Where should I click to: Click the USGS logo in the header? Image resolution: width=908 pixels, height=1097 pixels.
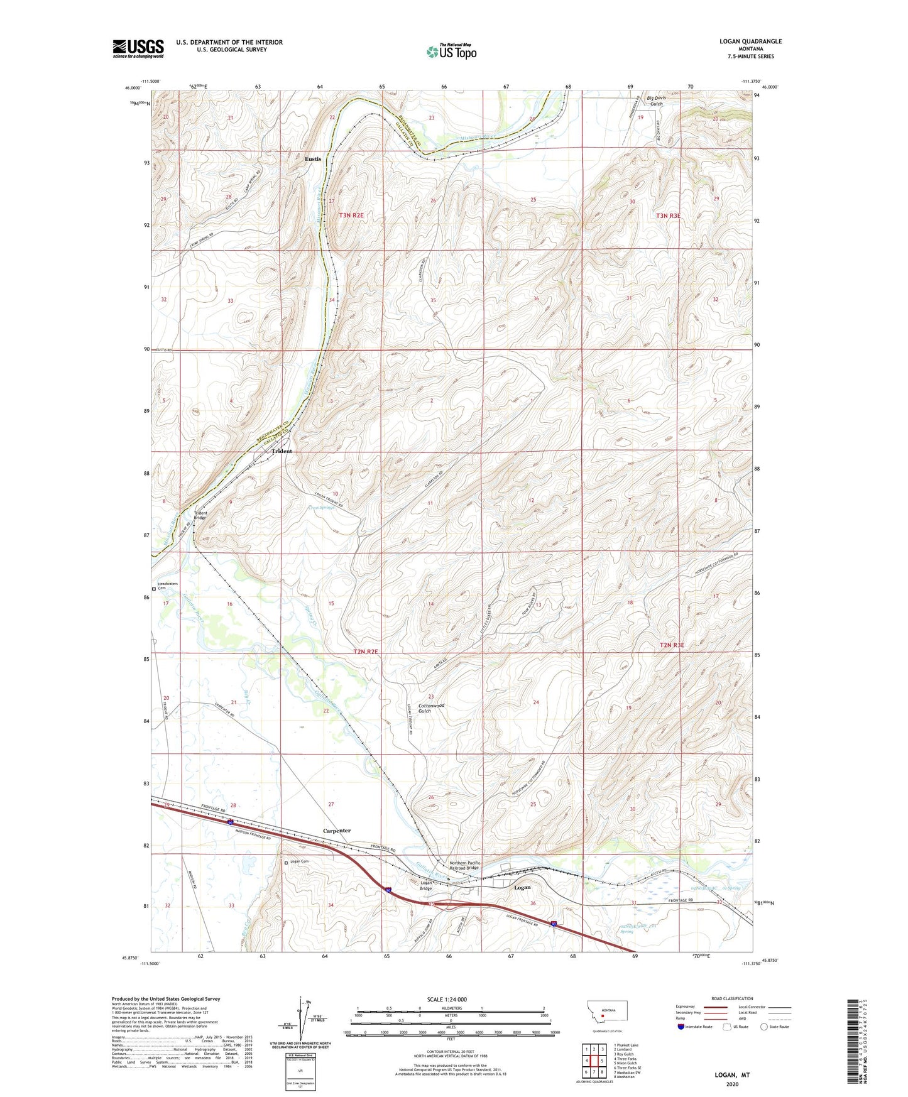tap(138, 48)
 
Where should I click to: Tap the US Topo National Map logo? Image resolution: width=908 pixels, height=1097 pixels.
tap(451, 52)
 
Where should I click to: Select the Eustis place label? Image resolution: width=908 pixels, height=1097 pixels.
tap(313, 159)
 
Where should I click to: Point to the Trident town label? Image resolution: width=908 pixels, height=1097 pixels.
tap(282, 451)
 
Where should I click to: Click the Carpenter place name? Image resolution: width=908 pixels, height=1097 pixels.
tap(337, 831)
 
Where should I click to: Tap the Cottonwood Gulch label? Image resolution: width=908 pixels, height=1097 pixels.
tap(431, 708)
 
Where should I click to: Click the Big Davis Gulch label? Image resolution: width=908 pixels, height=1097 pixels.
tap(656, 101)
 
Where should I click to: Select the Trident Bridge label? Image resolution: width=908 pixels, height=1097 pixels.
tap(200, 515)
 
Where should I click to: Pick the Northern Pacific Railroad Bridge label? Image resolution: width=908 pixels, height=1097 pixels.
tap(464, 866)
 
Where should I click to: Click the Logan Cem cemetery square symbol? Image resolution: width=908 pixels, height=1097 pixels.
tap(287, 863)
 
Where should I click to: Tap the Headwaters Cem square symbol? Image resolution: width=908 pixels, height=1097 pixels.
tap(154, 589)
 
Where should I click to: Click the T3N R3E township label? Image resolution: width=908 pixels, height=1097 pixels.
tap(668, 216)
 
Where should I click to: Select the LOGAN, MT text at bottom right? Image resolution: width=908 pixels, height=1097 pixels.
tap(732, 1075)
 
